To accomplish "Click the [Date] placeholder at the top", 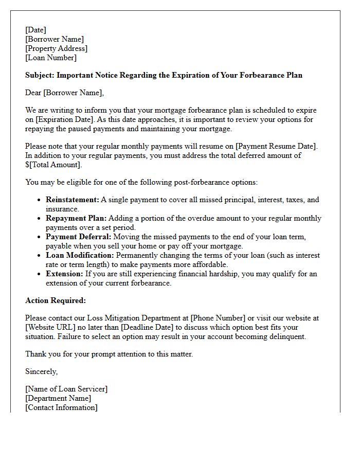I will (x=35, y=30).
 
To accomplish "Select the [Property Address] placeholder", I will (x=56, y=48).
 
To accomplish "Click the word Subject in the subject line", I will (x=40, y=75).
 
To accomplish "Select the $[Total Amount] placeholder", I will (x=53, y=165).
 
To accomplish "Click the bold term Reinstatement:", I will (x=72, y=200).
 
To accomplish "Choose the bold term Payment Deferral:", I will (x=78, y=237).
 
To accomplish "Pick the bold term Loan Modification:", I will (x=80, y=255).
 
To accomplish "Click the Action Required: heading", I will (x=56, y=300).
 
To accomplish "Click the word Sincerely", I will (x=41, y=371).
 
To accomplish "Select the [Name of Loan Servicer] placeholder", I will (x=66, y=389).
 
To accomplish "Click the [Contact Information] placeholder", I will (x=61, y=407).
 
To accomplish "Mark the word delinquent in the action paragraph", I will (x=287, y=336).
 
